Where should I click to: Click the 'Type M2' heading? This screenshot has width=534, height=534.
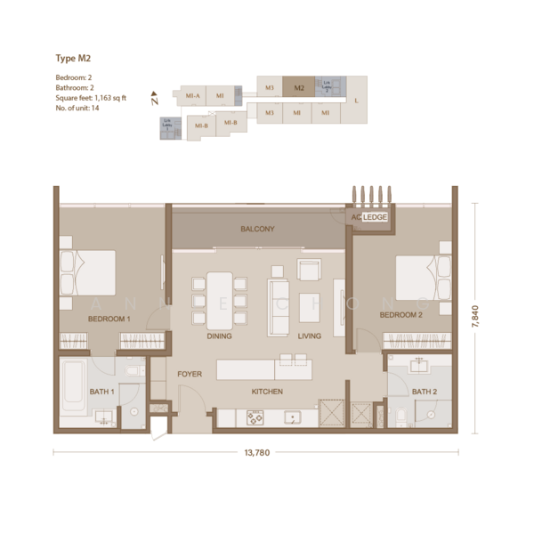pos(74,59)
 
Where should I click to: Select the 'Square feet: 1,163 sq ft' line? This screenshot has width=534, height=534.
pos(91,98)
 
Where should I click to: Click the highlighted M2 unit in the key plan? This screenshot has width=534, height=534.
pos(299,88)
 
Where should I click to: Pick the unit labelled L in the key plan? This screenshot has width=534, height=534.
pos(356,101)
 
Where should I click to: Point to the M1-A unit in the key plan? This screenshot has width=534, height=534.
pos(190,95)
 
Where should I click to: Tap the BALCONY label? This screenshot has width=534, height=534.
pos(257,230)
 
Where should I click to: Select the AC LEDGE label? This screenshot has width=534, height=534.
pos(368,216)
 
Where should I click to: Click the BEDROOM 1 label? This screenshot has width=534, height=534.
pos(109,318)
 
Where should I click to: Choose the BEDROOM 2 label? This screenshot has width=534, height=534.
pos(400,315)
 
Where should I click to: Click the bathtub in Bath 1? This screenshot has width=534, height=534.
pos(73,388)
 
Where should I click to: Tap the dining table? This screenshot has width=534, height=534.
pos(220,299)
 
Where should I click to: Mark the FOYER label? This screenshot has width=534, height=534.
pos(190,374)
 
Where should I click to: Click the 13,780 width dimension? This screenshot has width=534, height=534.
pos(256,452)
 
